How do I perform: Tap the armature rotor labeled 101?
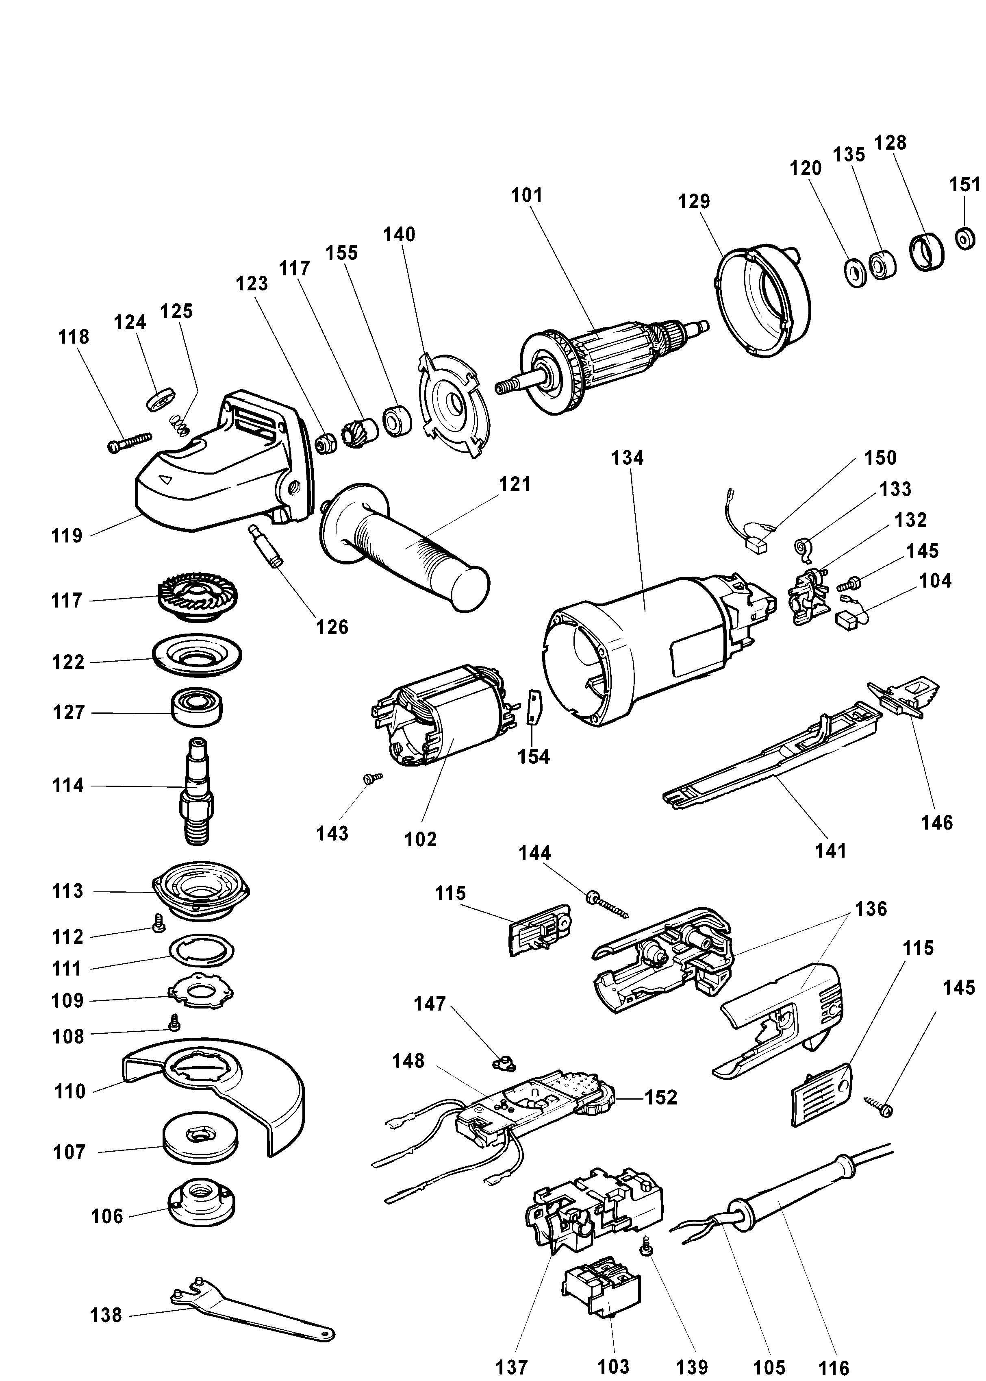coord(607,364)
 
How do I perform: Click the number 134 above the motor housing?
coord(627,458)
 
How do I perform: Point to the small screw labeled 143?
coord(370,778)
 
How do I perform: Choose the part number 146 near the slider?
coord(936,823)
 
